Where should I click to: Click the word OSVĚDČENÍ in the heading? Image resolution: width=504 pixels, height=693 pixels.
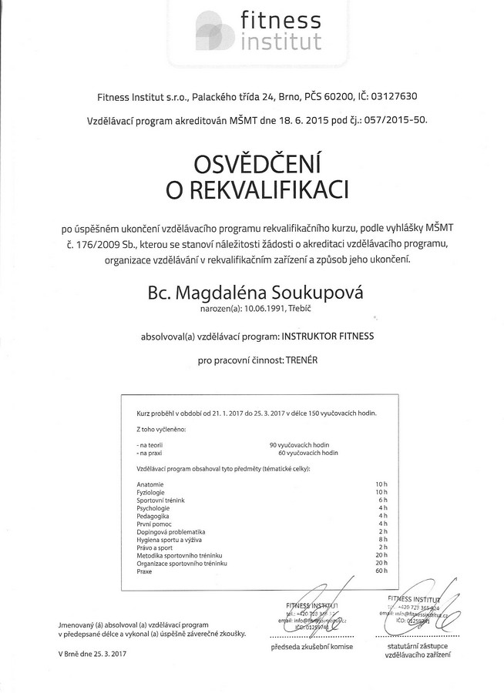[x=252, y=164]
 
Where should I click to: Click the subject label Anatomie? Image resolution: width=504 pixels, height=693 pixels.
[x=150, y=484]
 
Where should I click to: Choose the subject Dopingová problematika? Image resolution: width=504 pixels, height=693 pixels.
[x=170, y=532]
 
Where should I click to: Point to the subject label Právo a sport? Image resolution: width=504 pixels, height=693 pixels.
[x=155, y=548]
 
